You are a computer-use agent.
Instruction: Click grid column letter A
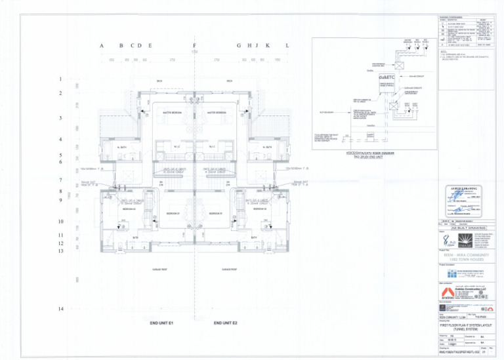pos(102,45)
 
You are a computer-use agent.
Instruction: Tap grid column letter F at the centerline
pos(194,45)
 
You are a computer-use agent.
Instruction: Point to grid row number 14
pos(60,308)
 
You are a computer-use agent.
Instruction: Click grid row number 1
pos(60,80)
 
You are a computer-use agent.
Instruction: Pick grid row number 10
pos(60,222)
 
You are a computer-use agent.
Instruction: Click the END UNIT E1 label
pos(161,323)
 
